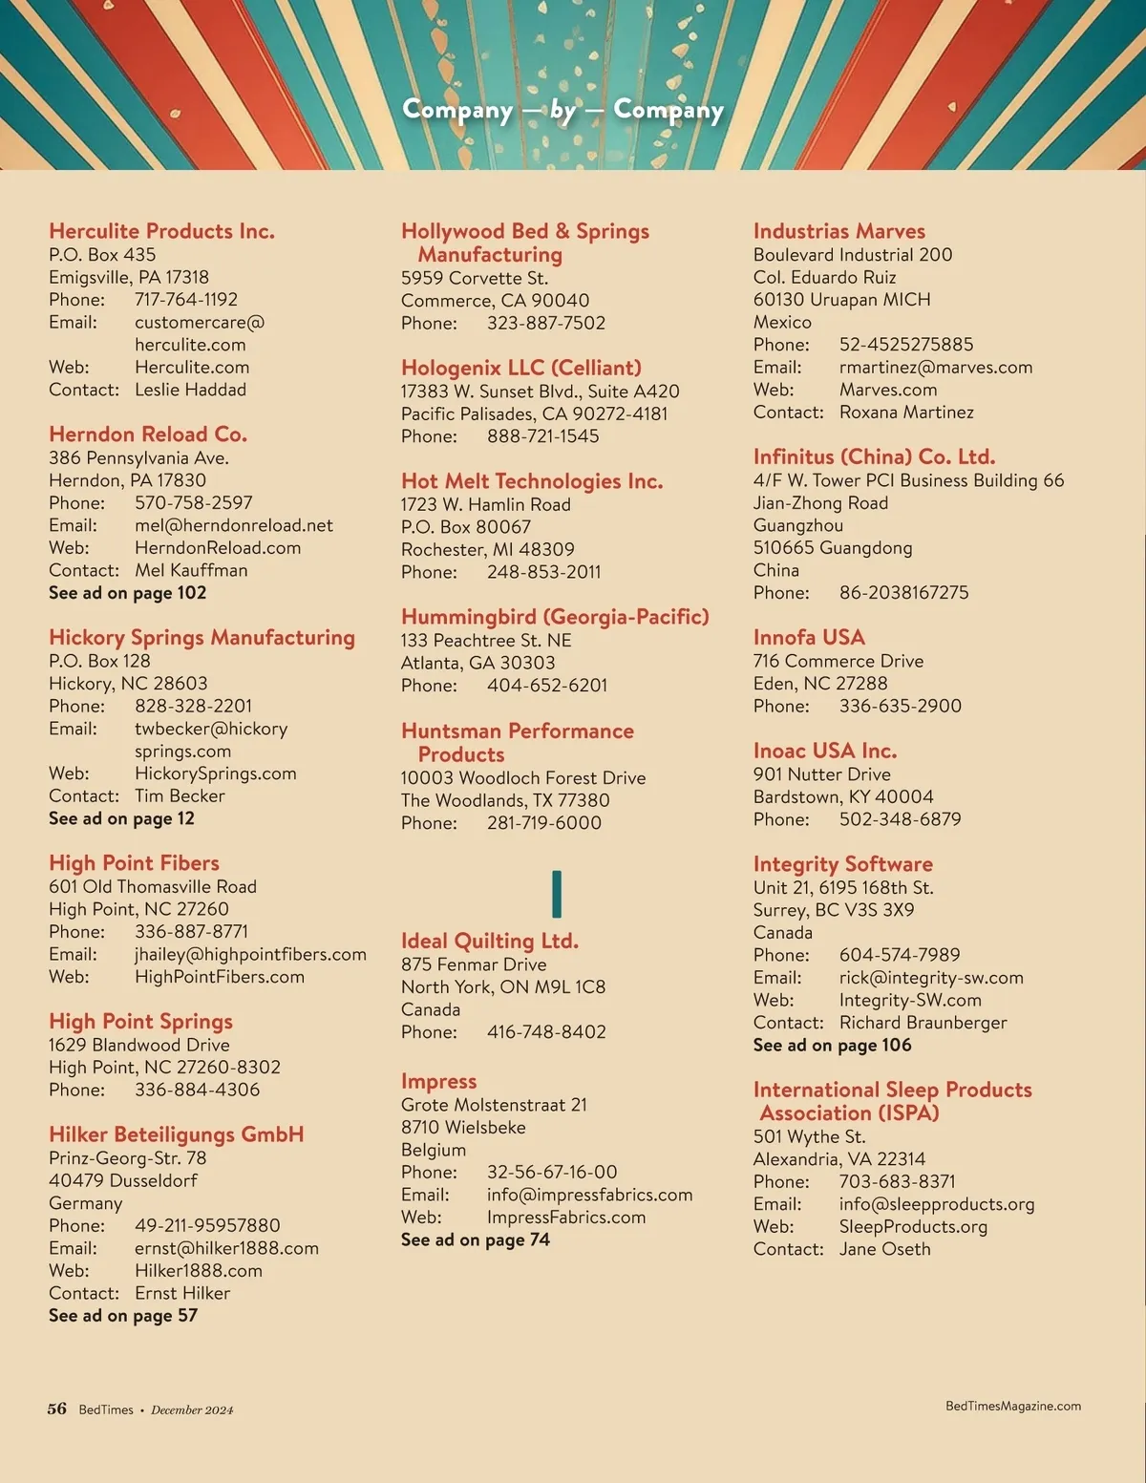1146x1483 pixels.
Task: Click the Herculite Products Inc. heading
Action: [161, 231]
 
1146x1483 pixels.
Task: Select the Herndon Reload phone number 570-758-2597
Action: [193, 502]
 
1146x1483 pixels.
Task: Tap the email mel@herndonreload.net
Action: [233, 525]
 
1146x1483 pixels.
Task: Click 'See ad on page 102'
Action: [127, 593]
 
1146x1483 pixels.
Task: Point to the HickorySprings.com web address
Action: [215, 773]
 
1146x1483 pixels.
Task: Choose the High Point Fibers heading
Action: [134, 863]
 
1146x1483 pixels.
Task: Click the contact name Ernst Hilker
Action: [181, 1293]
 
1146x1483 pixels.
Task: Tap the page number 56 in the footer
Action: [57, 1409]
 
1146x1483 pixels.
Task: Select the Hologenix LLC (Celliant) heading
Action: [520, 368]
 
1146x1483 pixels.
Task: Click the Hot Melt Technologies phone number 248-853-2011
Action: [543, 572]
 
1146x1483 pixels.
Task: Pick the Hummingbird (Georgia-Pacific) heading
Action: [554, 617]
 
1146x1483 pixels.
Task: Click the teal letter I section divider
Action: [557, 894]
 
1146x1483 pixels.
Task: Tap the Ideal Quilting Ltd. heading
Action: [489, 941]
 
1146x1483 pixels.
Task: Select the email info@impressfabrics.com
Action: [589, 1195]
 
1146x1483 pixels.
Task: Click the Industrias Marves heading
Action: [838, 231]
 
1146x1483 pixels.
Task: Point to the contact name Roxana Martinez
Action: [906, 413]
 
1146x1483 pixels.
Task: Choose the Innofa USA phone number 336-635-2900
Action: [900, 706]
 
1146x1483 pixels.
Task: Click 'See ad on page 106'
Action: [832, 1045]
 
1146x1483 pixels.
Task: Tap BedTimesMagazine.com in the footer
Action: [1012, 1406]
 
